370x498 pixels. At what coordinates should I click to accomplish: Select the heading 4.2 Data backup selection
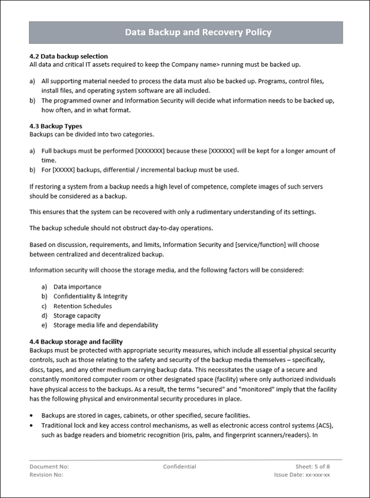[68, 56]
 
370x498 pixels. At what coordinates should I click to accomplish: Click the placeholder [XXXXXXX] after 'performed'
[149, 151]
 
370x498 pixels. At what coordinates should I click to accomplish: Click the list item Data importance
[77, 287]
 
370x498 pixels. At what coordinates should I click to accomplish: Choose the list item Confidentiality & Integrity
[90, 297]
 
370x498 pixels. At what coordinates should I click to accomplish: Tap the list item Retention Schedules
[82, 306]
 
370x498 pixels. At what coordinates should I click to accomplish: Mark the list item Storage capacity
[77, 316]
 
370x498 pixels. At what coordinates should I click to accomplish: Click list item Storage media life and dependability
[105, 325]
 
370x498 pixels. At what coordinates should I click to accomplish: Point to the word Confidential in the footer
[179, 467]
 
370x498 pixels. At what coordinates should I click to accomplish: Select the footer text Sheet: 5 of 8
[312, 467]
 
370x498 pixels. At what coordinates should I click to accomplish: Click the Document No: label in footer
[49, 467]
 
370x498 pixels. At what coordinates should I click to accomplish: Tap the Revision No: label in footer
[46, 475]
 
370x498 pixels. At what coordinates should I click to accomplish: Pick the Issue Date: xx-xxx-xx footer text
[302, 475]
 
